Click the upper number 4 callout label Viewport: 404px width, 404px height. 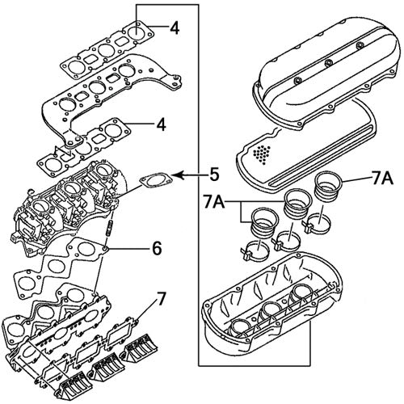click(174, 29)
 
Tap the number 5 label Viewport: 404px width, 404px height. click(214, 173)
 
